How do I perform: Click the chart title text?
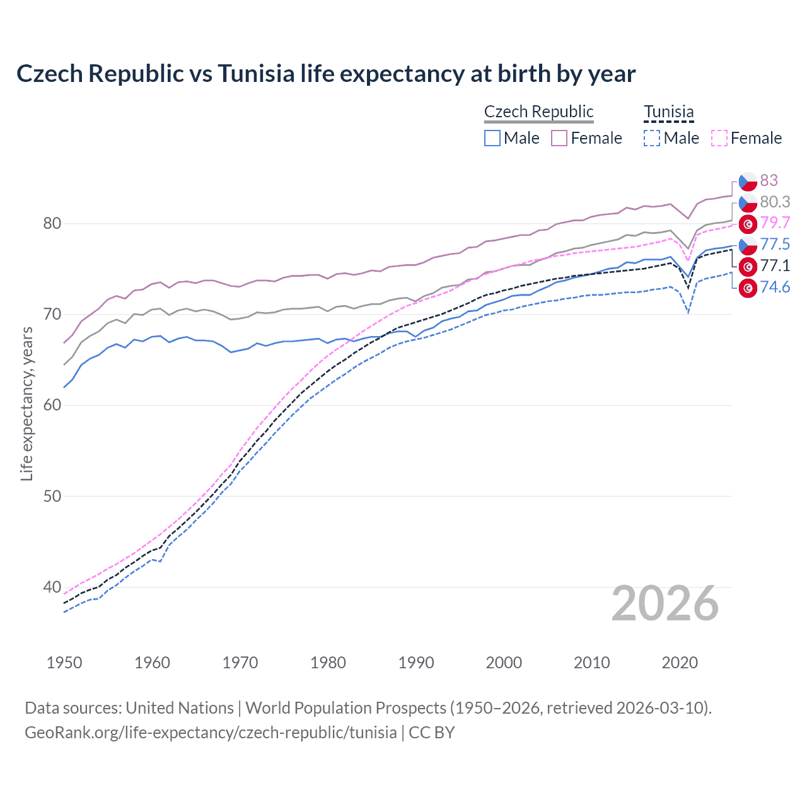(x=326, y=74)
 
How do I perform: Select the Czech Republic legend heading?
(x=538, y=112)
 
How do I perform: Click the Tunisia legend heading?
(x=668, y=112)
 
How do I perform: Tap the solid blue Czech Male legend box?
(x=492, y=138)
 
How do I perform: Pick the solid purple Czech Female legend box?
(x=559, y=138)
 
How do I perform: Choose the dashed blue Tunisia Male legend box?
(x=652, y=138)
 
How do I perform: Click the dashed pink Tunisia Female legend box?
(x=719, y=138)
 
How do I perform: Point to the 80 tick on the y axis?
(x=52, y=224)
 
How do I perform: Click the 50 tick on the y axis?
(x=52, y=496)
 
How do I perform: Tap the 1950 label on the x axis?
(x=64, y=663)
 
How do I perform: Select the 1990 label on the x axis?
(x=416, y=663)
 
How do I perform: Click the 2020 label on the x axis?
(x=680, y=663)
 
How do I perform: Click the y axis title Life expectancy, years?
(x=26, y=403)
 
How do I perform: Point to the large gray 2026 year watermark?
(x=665, y=604)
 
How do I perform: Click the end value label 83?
(x=769, y=181)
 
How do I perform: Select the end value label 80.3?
(x=775, y=202)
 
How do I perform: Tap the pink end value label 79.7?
(x=775, y=223)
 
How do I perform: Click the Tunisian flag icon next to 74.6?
(x=748, y=288)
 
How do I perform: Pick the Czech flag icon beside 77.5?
(x=748, y=245)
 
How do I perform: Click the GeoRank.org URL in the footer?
(x=211, y=733)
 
